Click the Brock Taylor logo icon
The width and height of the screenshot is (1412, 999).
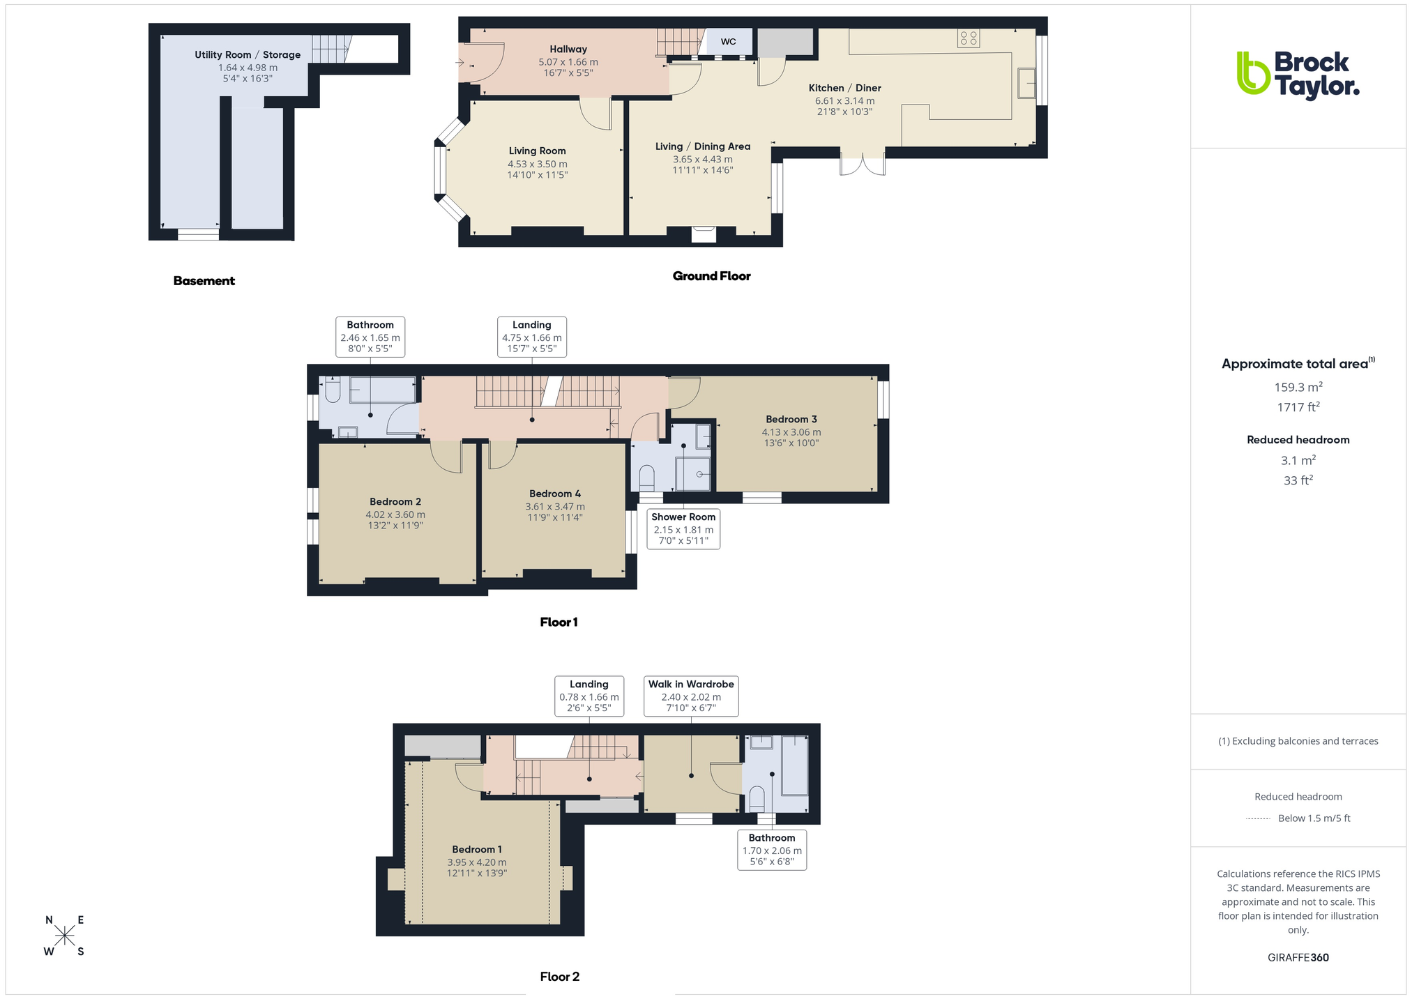click(1253, 73)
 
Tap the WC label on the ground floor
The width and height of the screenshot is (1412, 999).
click(728, 42)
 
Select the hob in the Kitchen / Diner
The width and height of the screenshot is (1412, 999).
click(969, 38)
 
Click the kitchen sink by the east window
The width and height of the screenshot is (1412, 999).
click(1026, 83)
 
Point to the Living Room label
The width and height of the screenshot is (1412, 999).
click(537, 151)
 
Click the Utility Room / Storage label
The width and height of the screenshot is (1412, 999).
click(248, 55)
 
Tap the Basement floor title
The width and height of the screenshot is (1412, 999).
click(204, 281)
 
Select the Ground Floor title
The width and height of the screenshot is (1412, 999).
click(711, 276)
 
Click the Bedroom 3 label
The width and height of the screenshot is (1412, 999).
click(791, 419)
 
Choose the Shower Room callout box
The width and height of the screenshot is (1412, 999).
click(683, 528)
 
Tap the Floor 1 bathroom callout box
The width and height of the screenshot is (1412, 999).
click(370, 337)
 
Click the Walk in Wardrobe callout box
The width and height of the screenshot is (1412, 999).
click(691, 696)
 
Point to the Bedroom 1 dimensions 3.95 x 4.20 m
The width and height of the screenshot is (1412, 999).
click(477, 862)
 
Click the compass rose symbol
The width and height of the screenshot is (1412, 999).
click(65, 936)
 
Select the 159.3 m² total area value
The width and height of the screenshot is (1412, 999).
click(1298, 387)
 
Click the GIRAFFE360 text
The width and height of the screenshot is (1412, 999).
click(1298, 957)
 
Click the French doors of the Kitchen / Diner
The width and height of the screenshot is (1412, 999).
click(863, 163)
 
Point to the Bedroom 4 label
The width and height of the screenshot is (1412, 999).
click(555, 494)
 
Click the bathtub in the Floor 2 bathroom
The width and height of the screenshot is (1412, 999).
click(795, 765)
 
